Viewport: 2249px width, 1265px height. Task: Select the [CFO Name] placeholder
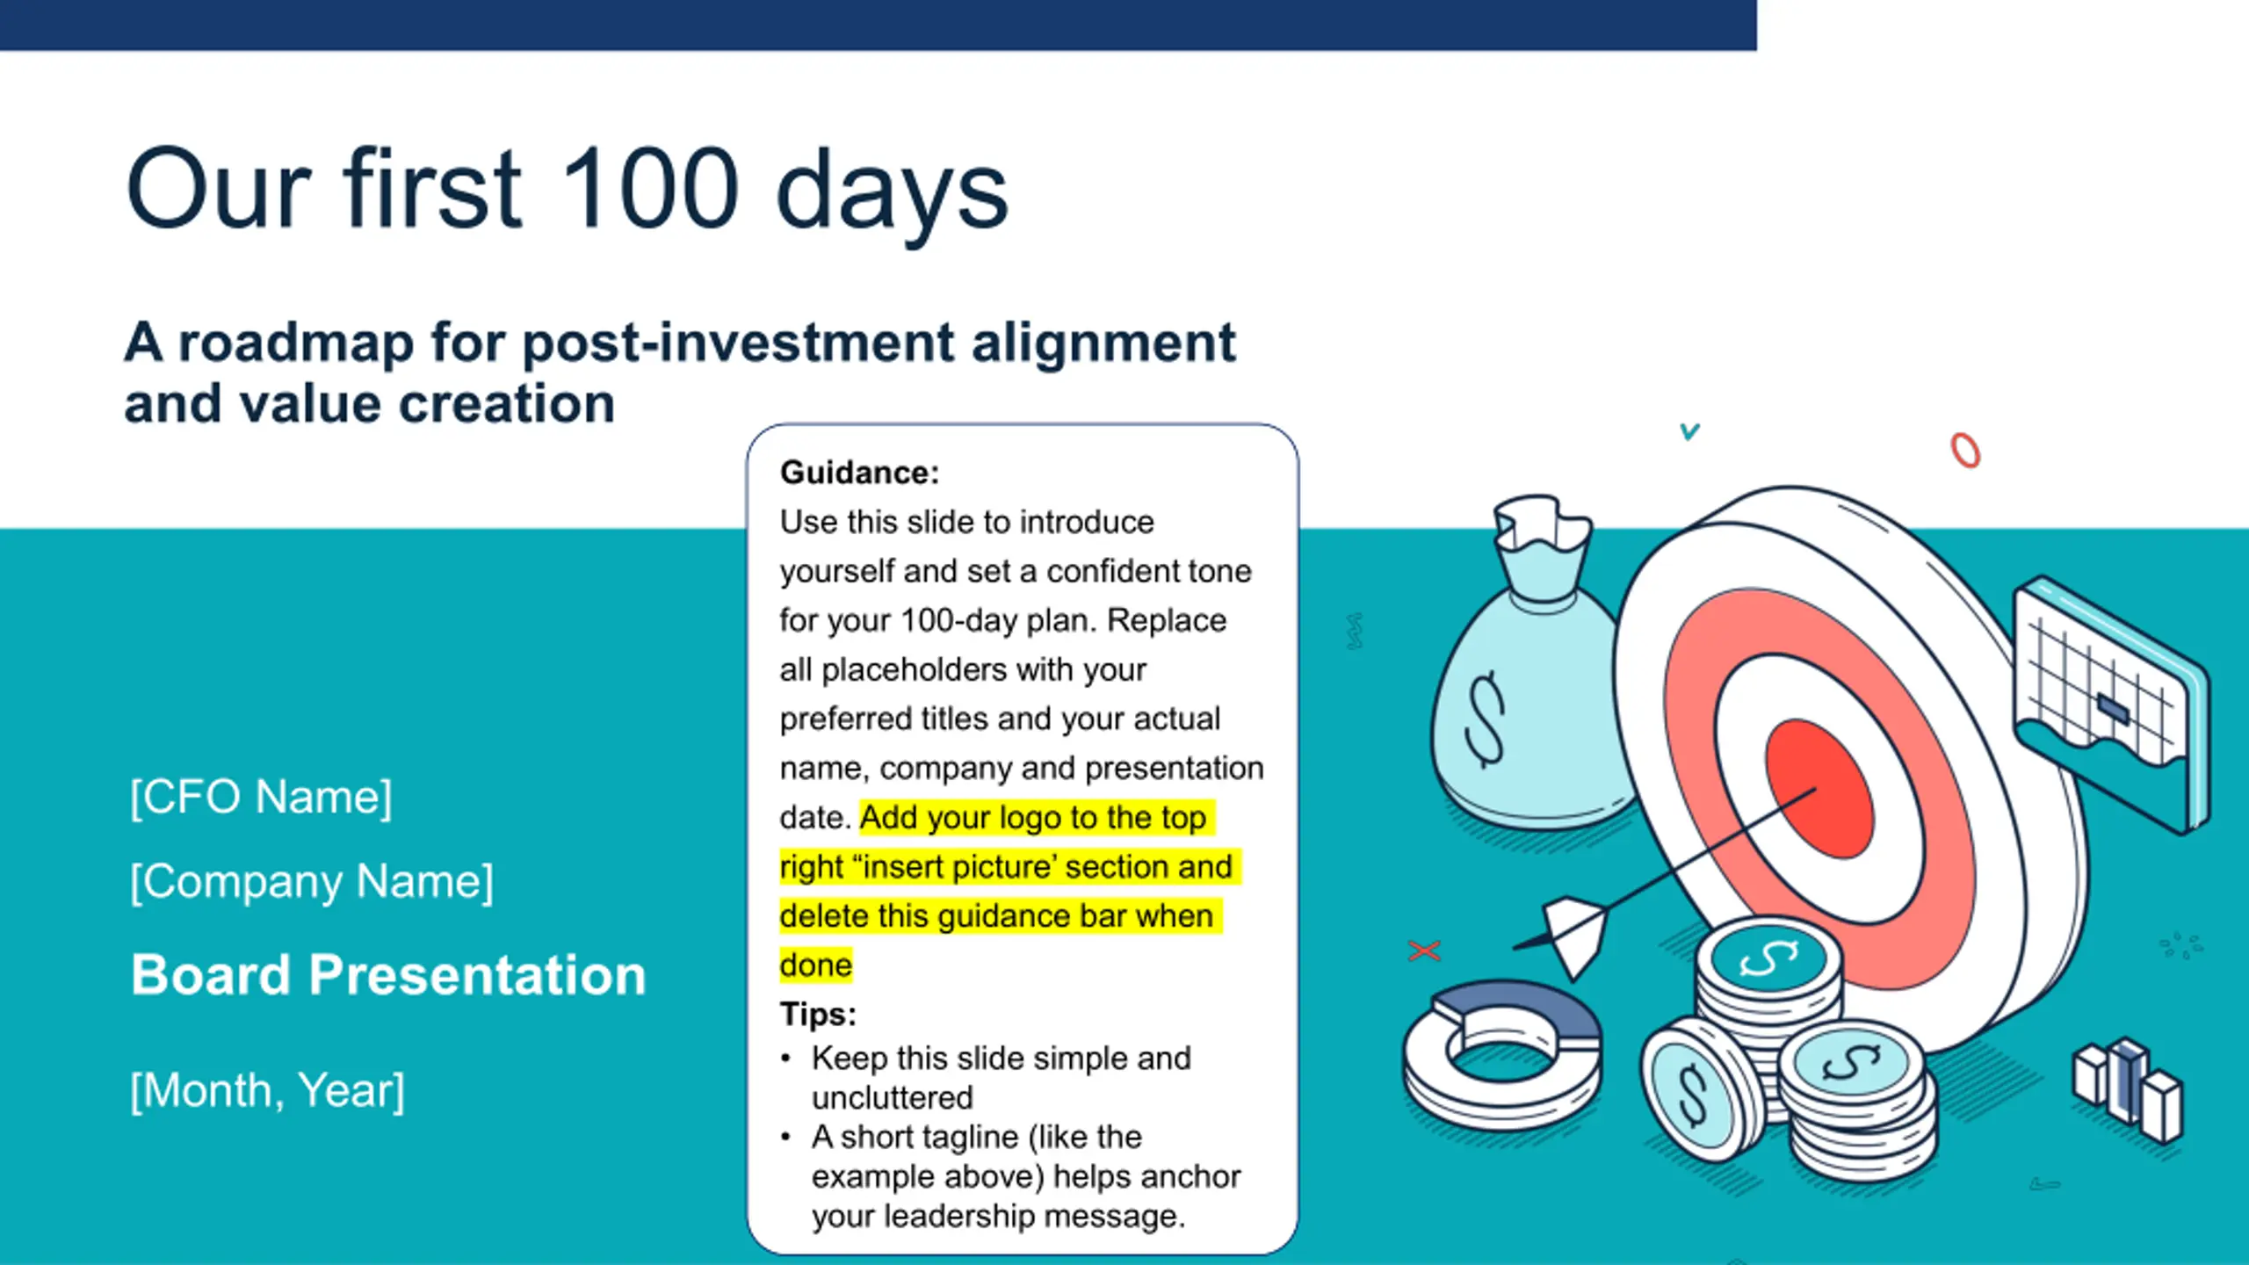click(x=261, y=798)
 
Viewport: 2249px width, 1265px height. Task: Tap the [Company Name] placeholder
click(x=312, y=881)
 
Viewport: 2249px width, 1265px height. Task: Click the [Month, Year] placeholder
click(x=267, y=1091)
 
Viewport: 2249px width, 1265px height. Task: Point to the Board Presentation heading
click(x=388, y=974)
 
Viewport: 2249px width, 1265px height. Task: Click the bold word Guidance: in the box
click(x=859, y=473)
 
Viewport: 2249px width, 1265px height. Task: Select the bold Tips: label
click(x=818, y=1014)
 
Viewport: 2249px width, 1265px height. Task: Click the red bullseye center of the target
click(x=1819, y=788)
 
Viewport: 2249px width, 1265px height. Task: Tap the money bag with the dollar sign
click(x=1529, y=668)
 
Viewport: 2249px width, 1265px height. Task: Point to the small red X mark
click(x=1424, y=951)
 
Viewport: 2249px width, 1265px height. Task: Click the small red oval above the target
click(x=1965, y=451)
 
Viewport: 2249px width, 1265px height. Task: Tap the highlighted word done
click(x=815, y=965)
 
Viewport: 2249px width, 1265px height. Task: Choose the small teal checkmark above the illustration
click(x=1689, y=431)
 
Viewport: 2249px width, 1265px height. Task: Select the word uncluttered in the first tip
click(x=892, y=1097)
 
